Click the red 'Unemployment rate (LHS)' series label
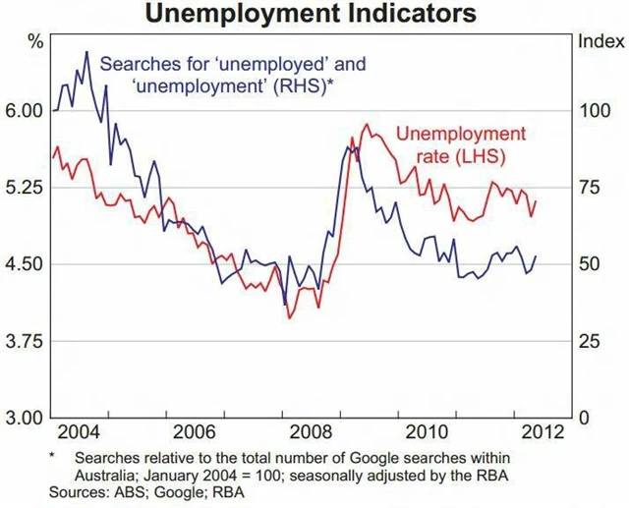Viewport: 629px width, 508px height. tap(460, 144)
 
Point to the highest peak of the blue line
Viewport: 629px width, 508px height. tap(86, 52)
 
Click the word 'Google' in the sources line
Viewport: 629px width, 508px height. tap(163, 491)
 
